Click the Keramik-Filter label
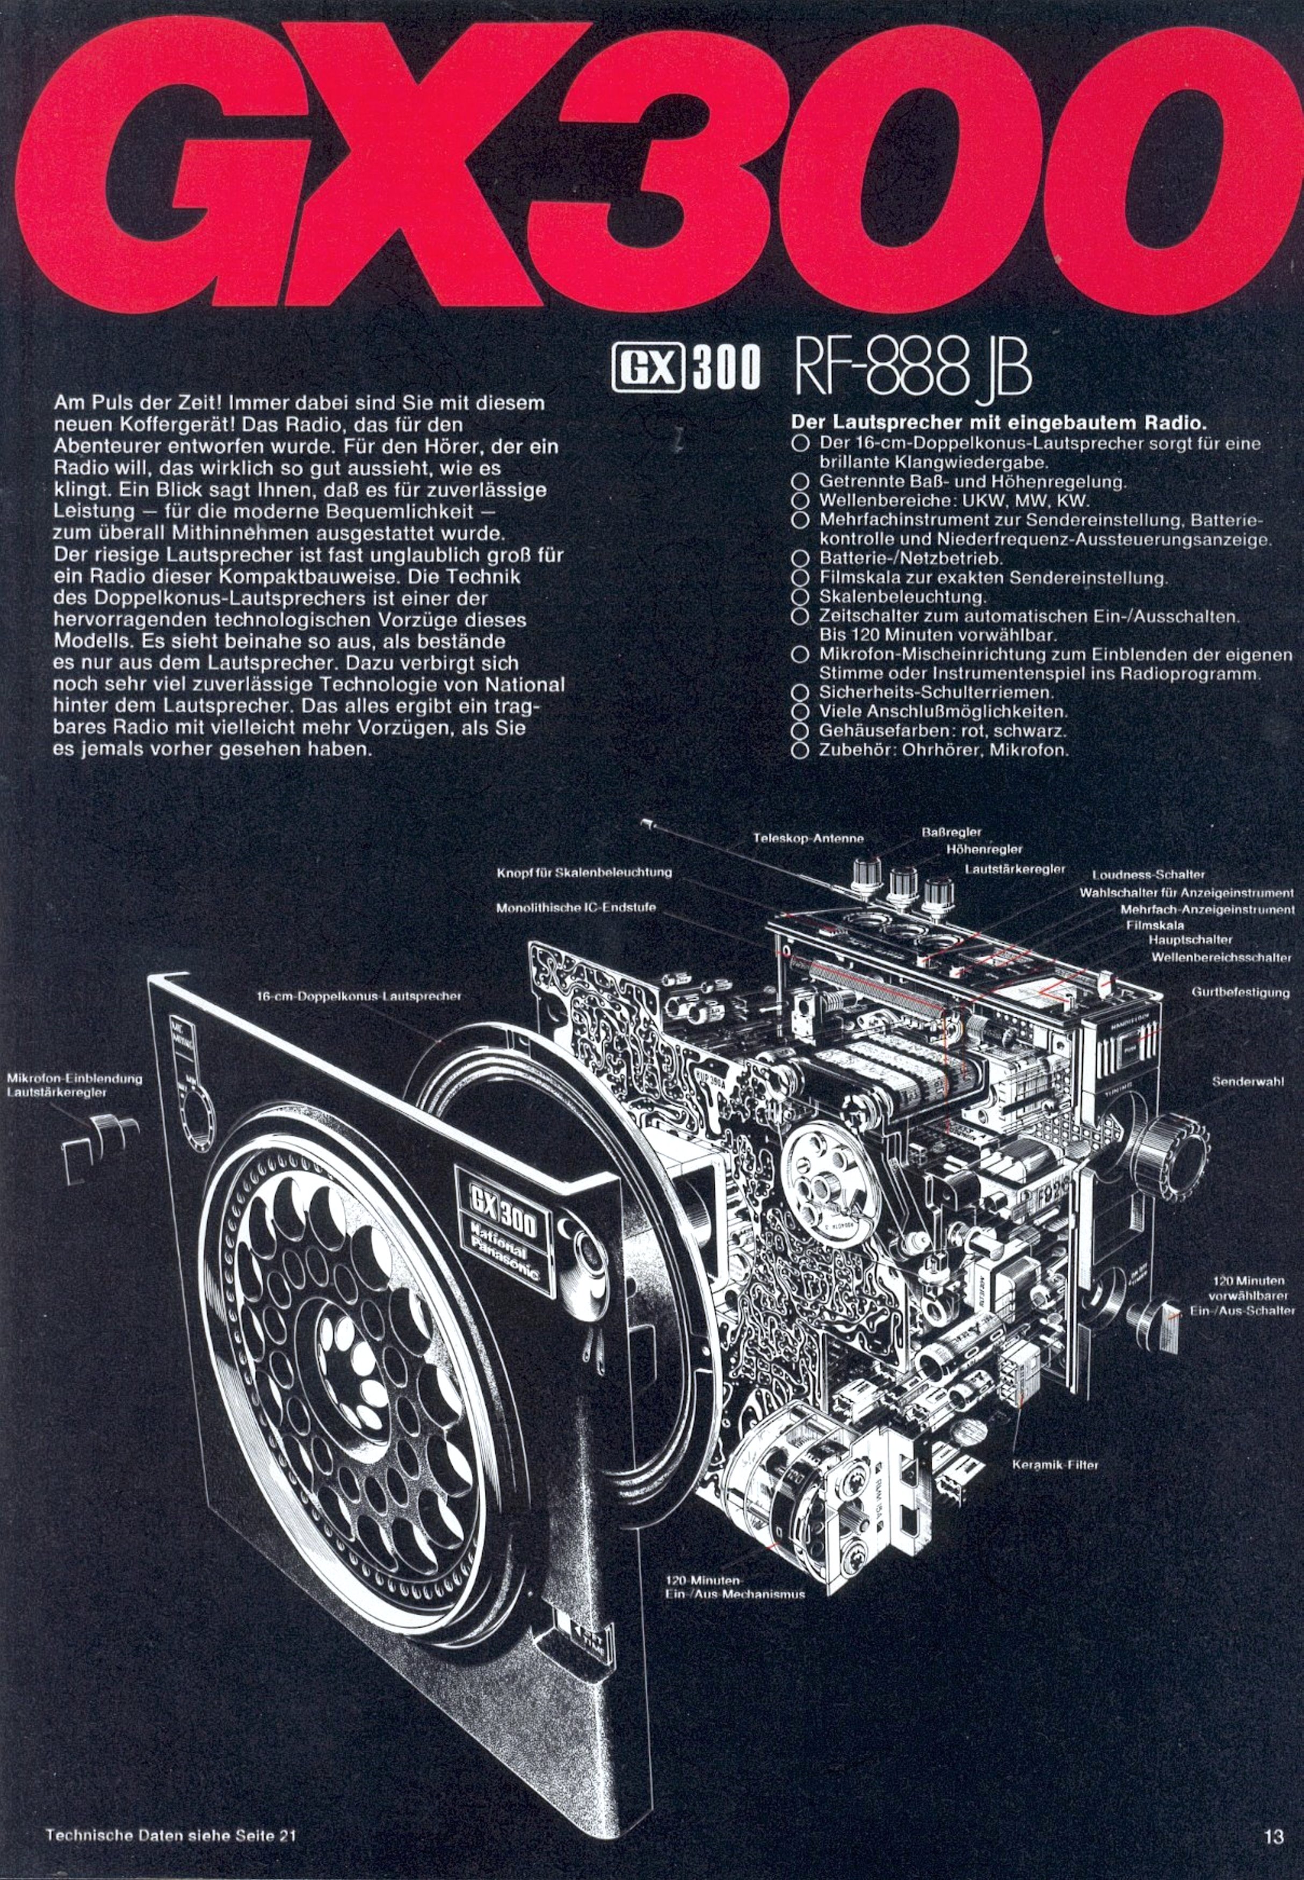coord(1055,1465)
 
